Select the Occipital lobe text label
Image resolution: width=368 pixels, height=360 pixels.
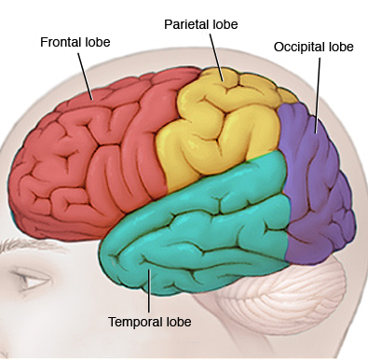[312, 46]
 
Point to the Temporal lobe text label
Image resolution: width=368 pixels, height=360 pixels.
[149, 322]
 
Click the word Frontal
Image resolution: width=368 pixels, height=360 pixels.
[57, 42]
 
